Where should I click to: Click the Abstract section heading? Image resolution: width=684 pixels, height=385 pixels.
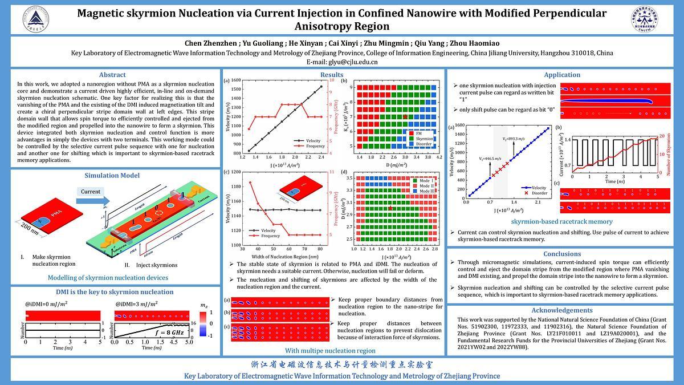(112, 75)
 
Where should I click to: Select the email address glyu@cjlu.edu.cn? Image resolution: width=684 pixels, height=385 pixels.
(342, 62)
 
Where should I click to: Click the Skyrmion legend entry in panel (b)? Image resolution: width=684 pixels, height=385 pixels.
(424, 139)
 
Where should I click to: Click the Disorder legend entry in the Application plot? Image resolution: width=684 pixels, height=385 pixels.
(539, 193)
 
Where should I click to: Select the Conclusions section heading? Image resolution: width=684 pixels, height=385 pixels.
(561, 254)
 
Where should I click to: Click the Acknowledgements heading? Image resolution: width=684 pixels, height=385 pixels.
(561, 310)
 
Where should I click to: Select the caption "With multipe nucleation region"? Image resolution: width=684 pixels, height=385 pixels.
(330, 350)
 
